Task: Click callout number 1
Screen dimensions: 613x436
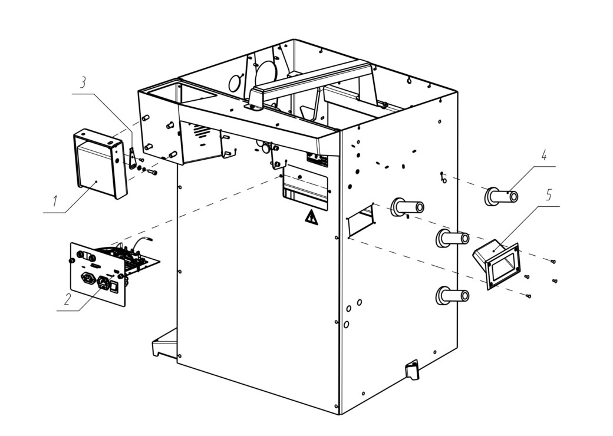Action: point(55,201)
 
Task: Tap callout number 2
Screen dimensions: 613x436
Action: point(68,300)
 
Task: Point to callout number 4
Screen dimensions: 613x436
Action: point(543,156)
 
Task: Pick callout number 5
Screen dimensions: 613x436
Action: point(549,195)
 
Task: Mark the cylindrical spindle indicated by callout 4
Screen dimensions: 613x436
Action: point(502,196)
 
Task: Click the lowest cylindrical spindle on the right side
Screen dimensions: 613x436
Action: point(452,296)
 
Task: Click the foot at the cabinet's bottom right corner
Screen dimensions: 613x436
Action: point(411,369)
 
